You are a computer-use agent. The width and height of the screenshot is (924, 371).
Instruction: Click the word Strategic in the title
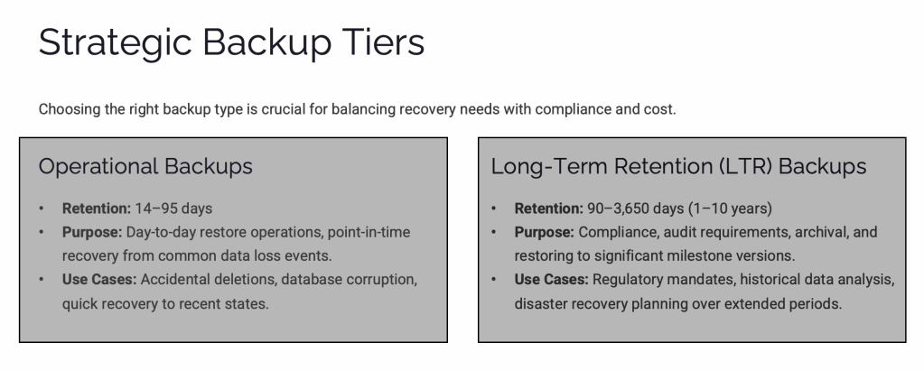click(115, 43)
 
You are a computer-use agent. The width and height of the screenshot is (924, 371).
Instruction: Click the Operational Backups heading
click(145, 166)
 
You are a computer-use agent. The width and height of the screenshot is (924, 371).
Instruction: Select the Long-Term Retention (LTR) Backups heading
click(679, 166)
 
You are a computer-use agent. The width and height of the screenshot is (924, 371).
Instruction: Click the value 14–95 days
click(173, 209)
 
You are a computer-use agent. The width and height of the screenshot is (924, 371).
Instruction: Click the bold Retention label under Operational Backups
click(97, 209)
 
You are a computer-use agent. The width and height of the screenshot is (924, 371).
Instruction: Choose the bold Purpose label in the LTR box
click(544, 232)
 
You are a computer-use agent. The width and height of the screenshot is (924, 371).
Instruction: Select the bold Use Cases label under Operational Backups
click(99, 279)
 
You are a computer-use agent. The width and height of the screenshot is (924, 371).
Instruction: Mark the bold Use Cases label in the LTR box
click(551, 279)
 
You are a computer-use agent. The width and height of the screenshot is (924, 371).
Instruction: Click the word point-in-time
click(369, 232)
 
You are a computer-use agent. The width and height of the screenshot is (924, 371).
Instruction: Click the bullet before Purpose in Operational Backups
click(42, 232)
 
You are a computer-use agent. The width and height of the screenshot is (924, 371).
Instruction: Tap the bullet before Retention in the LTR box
click(493, 209)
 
